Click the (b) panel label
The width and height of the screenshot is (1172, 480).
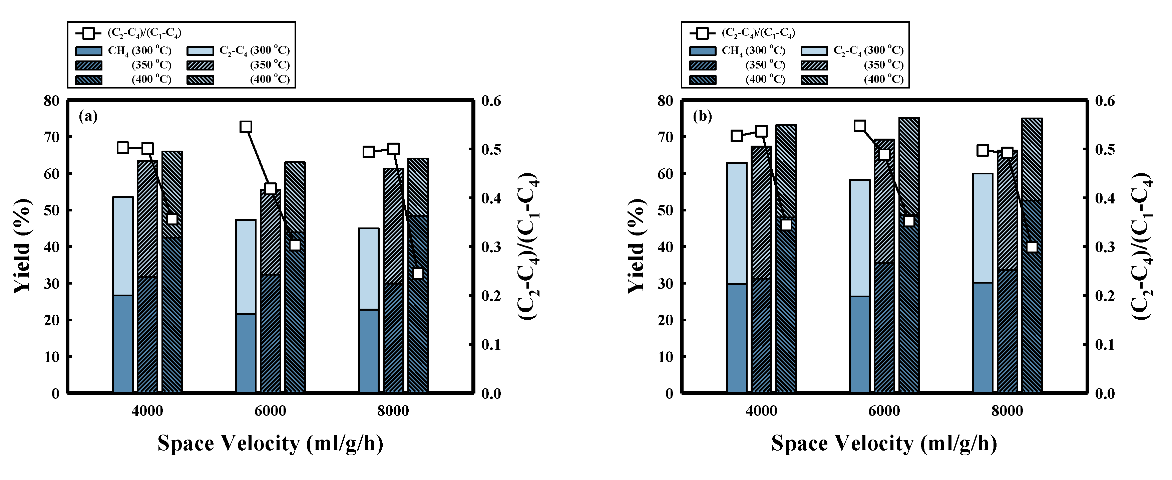pyautogui.click(x=702, y=117)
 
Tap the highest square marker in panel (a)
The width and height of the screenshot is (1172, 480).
pyautogui.click(x=246, y=127)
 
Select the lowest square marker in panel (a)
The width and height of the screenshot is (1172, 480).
pyautogui.click(x=418, y=274)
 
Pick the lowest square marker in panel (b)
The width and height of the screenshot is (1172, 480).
pyautogui.click(x=1032, y=247)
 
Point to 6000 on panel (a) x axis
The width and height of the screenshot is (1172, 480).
pyautogui.click(x=270, y=411)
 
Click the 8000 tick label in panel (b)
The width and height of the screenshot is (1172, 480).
pyautogui.click(x=1007, y=411)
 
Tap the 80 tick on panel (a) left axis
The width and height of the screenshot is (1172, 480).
pyautogui.click(x=51, y=101)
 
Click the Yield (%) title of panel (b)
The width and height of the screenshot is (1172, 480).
pyautogui.click(x=636, y=246)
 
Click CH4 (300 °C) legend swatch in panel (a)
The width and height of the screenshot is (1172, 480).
pyautogui.click(x=89, y=50)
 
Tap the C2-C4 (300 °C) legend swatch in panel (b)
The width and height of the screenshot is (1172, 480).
pyautogui.click(x=814, y=50)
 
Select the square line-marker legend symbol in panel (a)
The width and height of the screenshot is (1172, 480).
pyautogui.click(x=89, y=33)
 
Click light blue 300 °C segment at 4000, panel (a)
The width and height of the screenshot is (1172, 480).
pyautogui.click(x=123, y=246)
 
